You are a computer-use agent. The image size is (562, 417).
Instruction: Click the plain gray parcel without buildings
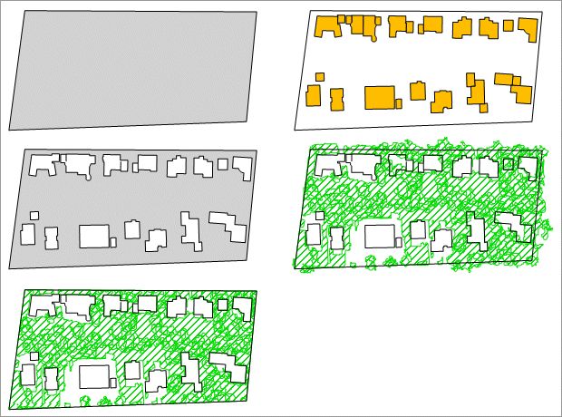click(x=133, y=69)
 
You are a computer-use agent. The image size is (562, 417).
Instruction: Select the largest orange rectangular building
click(x=380, y=97)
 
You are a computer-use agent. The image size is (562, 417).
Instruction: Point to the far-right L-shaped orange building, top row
click(x=526, y=30)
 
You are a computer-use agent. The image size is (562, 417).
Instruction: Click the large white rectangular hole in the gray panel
click(x=93, y=236)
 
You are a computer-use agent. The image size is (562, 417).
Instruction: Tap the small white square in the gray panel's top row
click(x=223, y=164)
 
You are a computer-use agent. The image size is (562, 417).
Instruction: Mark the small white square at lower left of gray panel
click(x=34, y=216)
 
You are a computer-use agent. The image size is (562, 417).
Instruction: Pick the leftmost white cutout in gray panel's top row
click(x=42, y=165)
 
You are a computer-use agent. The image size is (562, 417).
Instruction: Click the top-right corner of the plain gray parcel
click(x=257, y=12)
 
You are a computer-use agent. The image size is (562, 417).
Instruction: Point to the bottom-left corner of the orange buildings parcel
click(x=295, y=130)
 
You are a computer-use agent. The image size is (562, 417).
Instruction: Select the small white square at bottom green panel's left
click(x=34, y=355)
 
